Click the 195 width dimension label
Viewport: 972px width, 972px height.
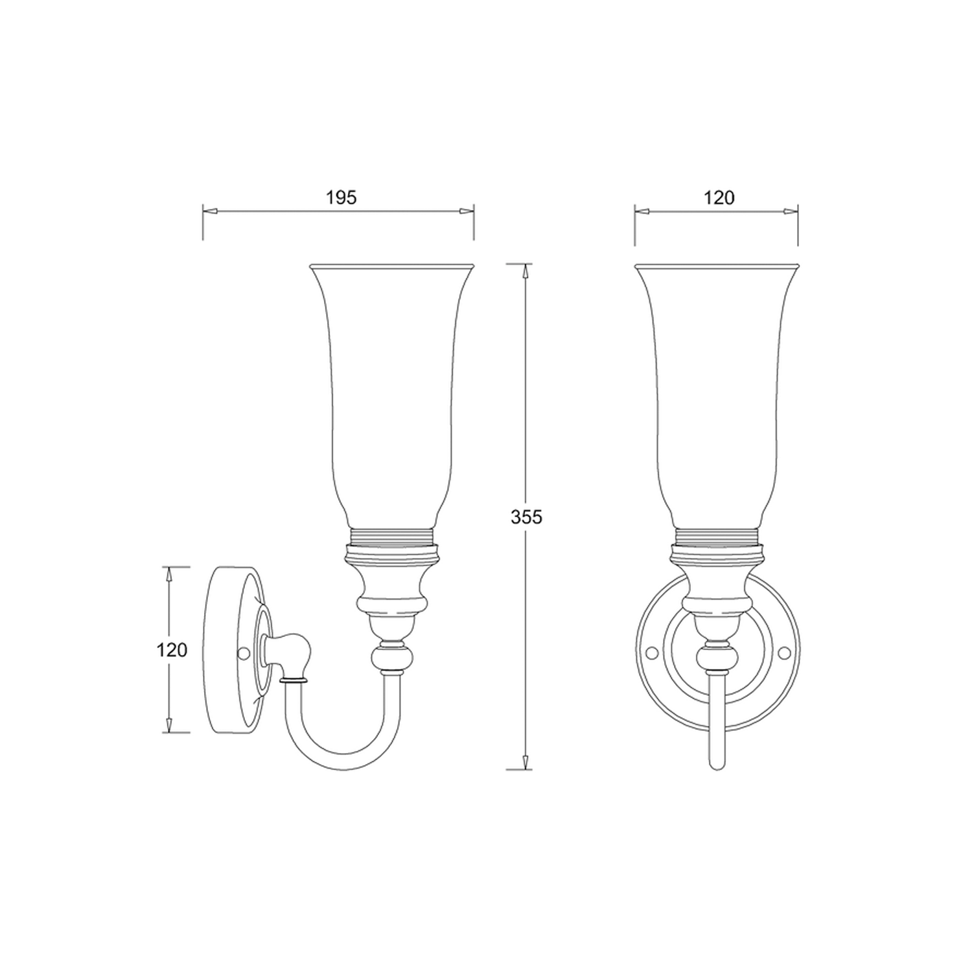pos(341,198)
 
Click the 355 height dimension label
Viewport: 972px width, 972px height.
pos(526,516)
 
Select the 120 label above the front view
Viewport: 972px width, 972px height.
pos(719,198)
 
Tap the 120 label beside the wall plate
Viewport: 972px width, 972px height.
pos(172,649)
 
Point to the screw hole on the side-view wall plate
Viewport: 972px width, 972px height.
pos(245,653)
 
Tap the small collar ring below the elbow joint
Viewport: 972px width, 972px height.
pos(294,681)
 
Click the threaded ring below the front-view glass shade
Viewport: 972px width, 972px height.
pos(717,536)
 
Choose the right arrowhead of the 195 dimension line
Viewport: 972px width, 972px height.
pos(467,211)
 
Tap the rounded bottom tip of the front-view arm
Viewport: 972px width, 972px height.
pos(717,766)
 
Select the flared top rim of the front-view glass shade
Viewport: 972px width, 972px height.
pos(717,266)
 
